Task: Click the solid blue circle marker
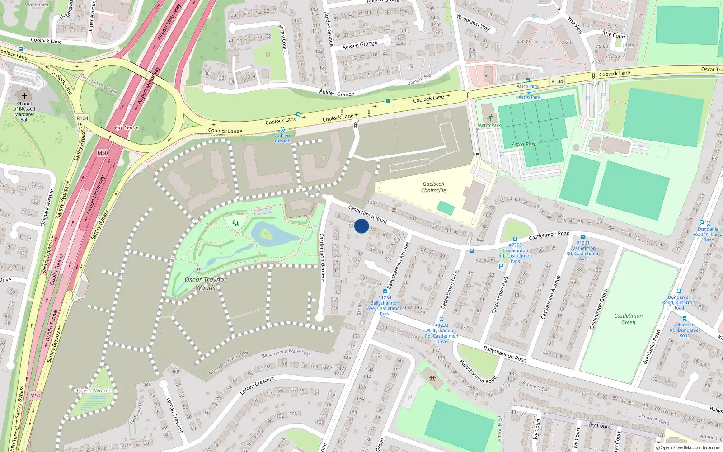point(361,226)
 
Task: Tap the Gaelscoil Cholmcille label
point(433,187)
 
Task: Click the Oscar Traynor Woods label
point(206,283)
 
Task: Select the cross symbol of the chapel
point(24,96)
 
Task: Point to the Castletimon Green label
point(628,319)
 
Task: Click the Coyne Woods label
point(94,391)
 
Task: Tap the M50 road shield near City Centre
point(103,153)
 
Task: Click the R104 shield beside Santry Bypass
point(82,118)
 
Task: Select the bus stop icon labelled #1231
point(583,237)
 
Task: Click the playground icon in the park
point(235,223)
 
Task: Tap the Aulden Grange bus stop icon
point(282,129)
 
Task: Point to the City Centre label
point(127,127)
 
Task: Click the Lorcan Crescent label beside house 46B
point(174,414)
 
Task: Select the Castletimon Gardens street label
point(322,258)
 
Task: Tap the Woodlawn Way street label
point(473,23)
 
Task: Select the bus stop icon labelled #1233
point(441,319)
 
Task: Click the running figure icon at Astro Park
point(490,118)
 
